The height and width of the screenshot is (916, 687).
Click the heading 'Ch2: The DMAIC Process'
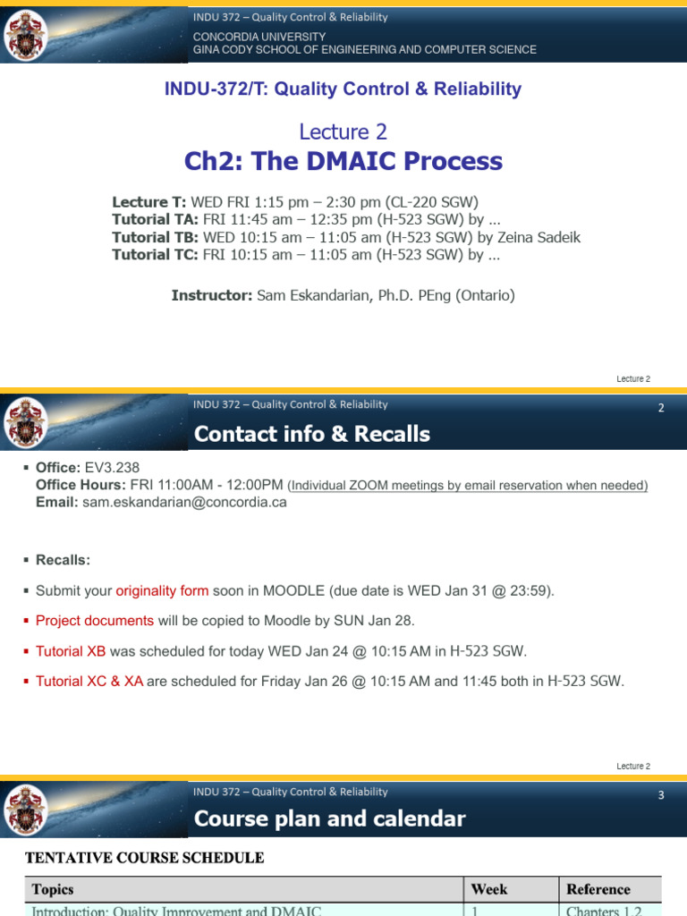click(x=343, y=161)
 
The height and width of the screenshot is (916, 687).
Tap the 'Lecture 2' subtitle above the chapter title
click(x=343, y=131)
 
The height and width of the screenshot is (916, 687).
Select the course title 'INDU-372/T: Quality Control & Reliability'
click(x=343, y=89)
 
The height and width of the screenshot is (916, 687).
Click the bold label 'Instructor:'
click(x=211, y=295)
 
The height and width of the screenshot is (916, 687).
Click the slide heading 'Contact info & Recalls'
click(x=311, y=434)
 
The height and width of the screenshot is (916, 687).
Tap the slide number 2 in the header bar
click(x=661, y=408)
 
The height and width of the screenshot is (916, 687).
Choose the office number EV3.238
click(x=112, y=467)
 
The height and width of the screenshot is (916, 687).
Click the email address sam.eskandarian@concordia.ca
click(x=184, y=502)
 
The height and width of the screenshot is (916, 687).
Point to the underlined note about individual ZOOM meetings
click(x=468, y=485)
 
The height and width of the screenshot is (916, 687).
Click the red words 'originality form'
click(x=162, y=590)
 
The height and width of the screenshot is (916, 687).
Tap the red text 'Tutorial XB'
click(x=71, y=651)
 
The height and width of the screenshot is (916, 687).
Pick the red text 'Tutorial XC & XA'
click(x=89, y=682)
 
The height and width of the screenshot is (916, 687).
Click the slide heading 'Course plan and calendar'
click(x=329, y=818)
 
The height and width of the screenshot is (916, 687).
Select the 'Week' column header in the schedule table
click(x=489, y=889)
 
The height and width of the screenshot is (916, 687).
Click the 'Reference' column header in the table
click(x=598, y=889)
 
